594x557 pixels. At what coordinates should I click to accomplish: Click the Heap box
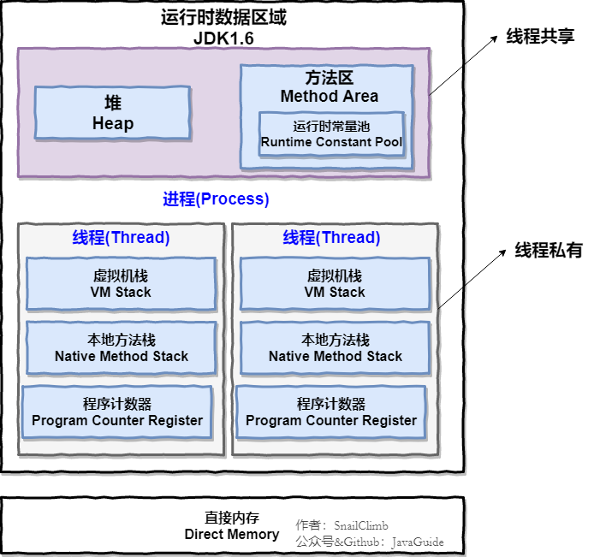point(112,113)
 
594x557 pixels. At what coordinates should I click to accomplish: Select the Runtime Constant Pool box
point(331,133)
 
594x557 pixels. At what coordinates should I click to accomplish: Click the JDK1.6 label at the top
point(223,39)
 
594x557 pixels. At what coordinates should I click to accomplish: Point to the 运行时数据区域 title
point(223,18)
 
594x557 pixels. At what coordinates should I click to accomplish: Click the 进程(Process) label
point(216,199)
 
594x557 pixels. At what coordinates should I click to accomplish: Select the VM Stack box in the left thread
point(121,284)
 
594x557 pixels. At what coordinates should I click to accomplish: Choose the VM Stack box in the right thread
point(335,284)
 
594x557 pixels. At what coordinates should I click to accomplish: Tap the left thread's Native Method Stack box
point(121,348)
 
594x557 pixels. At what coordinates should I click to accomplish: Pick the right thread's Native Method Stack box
point(335,348)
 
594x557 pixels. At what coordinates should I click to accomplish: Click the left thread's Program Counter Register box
point(117,412)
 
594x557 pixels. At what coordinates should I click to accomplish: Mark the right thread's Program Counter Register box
point(331,412)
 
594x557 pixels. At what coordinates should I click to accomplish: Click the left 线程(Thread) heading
point(121,238)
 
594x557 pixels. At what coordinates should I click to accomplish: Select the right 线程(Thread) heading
point(332,238)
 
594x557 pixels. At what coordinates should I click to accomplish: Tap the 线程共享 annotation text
point(540,36)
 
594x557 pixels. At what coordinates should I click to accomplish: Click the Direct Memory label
point(232,526)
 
